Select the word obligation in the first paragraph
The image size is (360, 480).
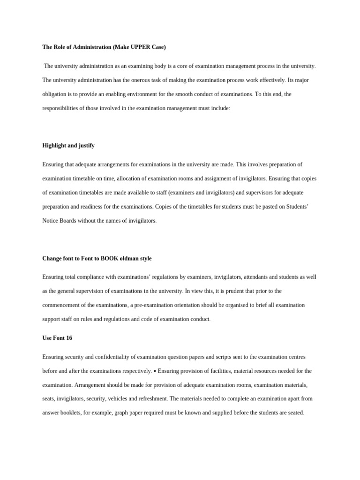pos(55,94)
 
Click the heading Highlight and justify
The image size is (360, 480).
pos(68,145)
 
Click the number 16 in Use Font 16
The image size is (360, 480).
pos(69,338)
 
